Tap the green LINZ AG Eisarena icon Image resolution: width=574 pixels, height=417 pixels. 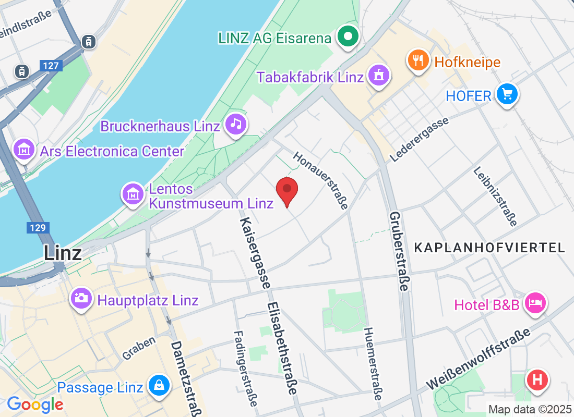[349, 38]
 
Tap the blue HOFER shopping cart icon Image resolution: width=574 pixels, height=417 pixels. [507, 95]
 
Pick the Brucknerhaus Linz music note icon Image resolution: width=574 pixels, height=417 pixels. [237, 125]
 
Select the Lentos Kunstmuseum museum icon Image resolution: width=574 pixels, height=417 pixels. [133, 194]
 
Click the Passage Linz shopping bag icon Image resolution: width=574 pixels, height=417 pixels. [158, 386]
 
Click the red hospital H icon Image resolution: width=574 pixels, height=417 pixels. [537, 379]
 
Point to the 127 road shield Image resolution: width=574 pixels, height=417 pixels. [51, 66]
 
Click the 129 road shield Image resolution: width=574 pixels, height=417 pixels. [38, 228]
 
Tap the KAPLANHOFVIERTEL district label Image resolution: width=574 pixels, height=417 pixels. [489, 248]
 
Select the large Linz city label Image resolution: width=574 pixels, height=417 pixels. [63, 253]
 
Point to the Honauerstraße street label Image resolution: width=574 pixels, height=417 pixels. [320, 180]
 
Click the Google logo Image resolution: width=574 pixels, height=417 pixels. [35, 404]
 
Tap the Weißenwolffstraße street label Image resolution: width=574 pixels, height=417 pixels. [478, 360]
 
